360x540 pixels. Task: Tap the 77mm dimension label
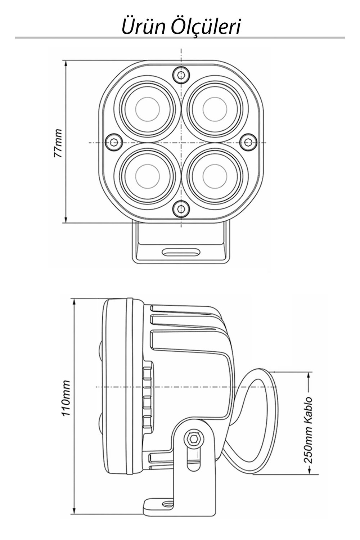[x=58, y=144]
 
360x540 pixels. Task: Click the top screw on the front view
[x=181, y=75]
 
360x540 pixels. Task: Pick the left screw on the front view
[x=114, y=143]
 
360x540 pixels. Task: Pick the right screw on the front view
[x=248, y=143]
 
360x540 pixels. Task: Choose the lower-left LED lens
[x=147, y=176]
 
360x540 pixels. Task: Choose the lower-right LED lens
[x=215, y=176]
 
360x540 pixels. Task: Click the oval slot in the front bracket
[x=181, y=252]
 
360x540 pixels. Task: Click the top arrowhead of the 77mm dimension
[x=66, y=64]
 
